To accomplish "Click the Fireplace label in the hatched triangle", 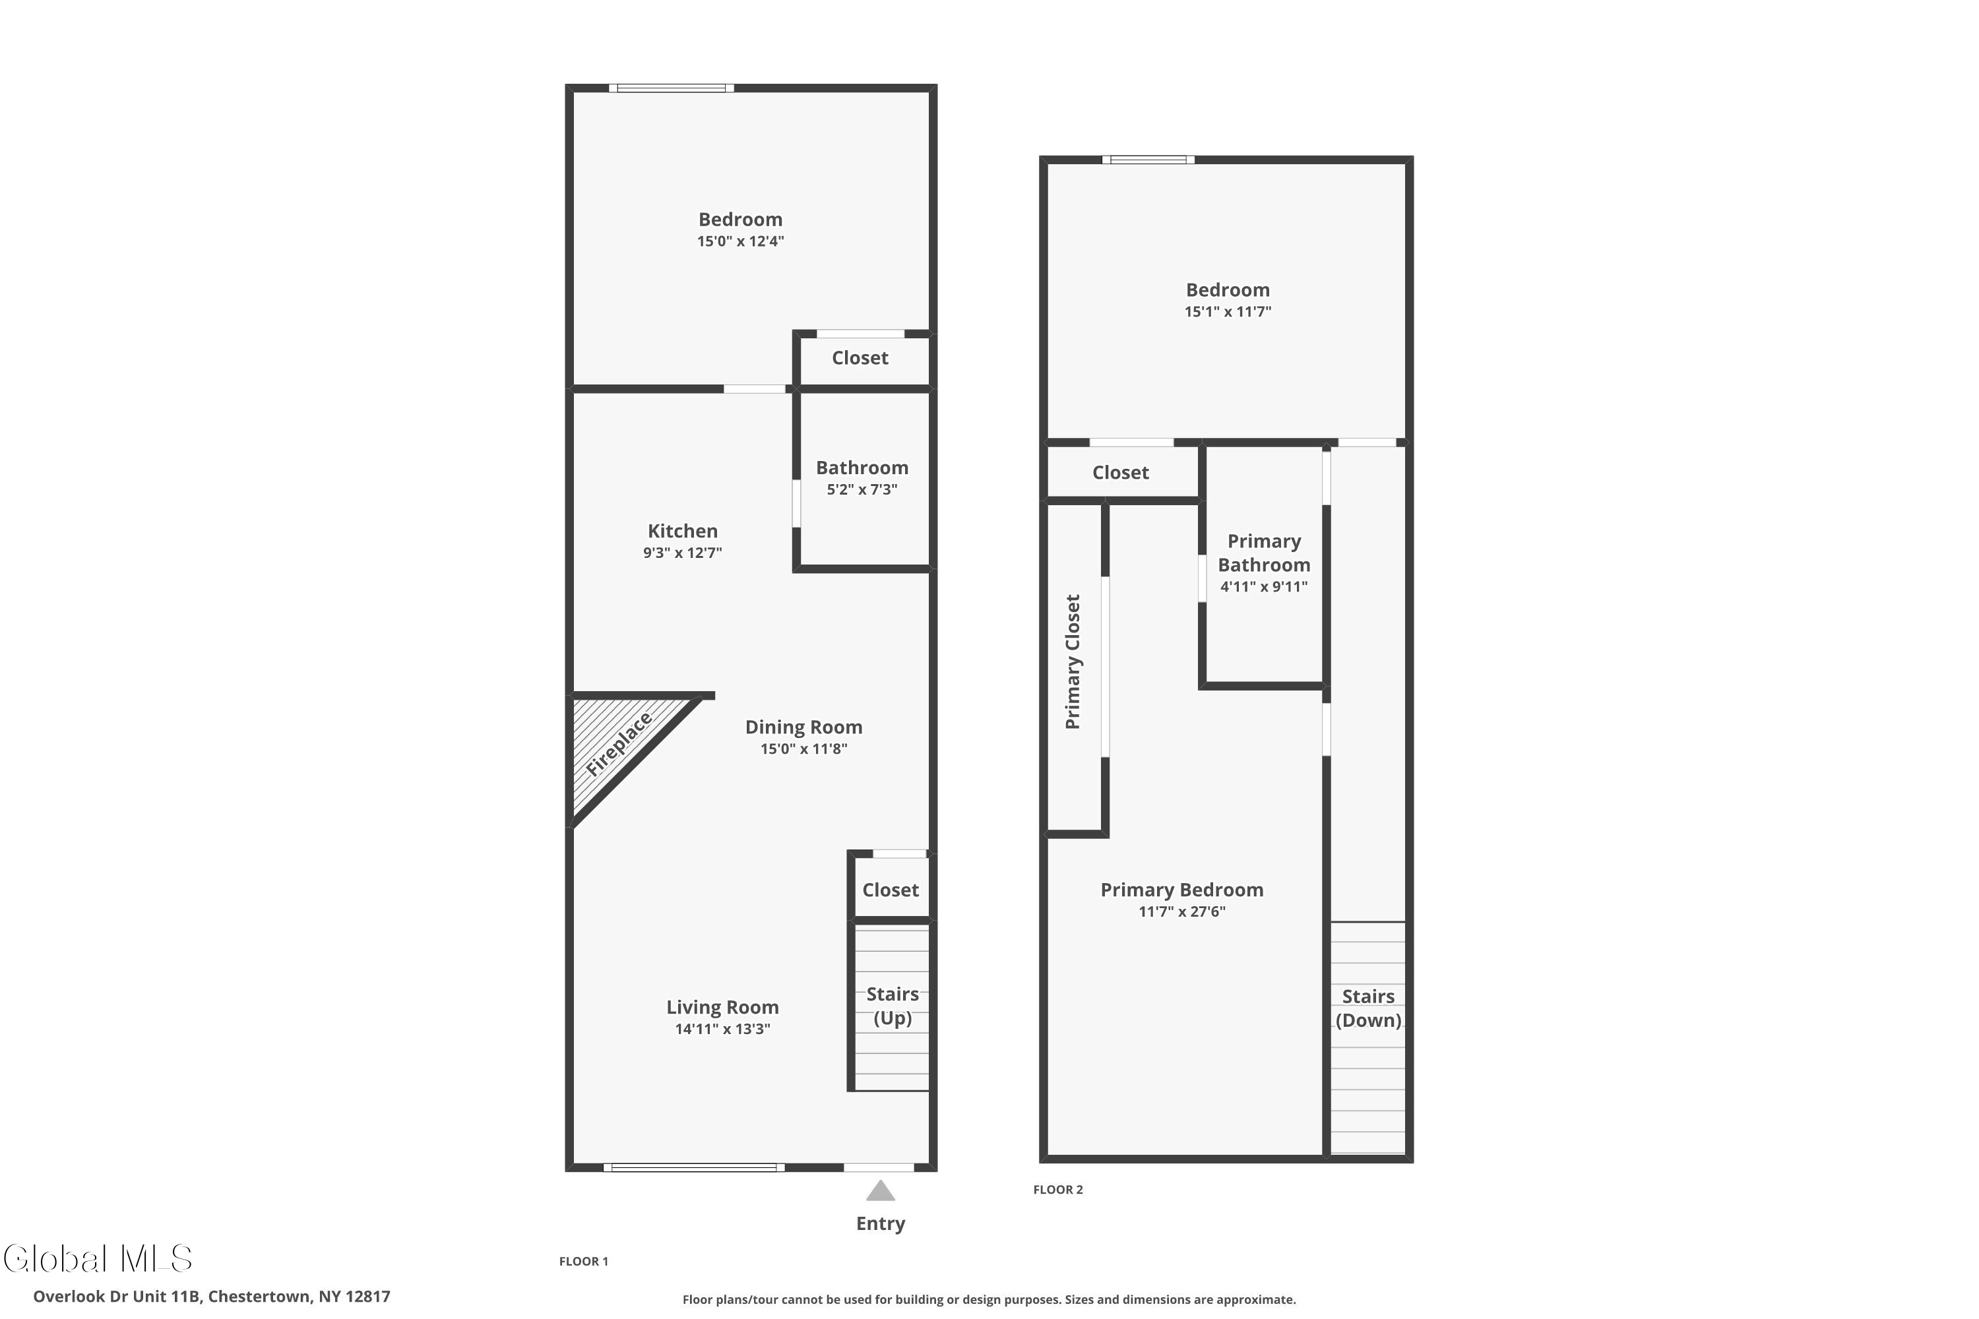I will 619,745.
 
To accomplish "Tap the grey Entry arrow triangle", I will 880,1190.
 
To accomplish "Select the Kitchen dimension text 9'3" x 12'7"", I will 682,553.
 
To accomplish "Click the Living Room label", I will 722,1007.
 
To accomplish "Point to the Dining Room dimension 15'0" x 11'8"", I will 803,749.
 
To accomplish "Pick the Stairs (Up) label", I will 892,1006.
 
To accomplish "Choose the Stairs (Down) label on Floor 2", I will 1368,1008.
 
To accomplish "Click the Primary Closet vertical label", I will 1072,662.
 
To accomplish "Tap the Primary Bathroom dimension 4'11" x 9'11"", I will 1264,587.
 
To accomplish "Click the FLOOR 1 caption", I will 583,1261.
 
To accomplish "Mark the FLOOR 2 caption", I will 1057,1190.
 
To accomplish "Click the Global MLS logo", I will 98,1258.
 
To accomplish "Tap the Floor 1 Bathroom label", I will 862,468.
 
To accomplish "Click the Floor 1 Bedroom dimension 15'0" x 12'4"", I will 740,241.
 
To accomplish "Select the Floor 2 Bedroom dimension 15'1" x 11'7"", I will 1228,312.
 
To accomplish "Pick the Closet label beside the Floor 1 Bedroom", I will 860,358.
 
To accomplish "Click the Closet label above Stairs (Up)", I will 890,890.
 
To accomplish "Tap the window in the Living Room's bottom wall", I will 693,1167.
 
